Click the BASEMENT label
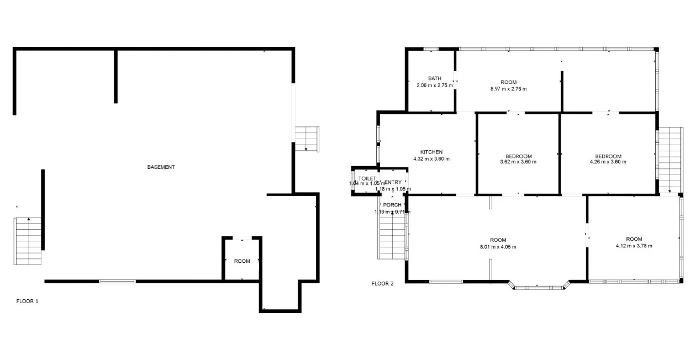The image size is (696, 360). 161,167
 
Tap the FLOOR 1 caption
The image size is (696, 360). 27,301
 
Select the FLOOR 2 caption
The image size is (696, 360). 382,284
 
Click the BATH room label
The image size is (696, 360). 434,78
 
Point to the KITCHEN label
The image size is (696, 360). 431,152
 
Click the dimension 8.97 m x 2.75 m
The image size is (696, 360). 508,89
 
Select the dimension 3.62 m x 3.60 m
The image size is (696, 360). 518,162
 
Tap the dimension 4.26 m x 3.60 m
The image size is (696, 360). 608,162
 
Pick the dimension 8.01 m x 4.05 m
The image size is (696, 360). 498,247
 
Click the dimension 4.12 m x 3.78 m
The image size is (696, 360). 634,246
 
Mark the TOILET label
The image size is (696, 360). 367,178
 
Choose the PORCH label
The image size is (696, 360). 392,205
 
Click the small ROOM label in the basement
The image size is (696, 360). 242,261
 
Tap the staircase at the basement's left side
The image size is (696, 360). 28,241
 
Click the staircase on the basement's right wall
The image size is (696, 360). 307,139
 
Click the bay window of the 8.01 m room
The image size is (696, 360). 539,287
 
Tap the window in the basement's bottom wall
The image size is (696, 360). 117,282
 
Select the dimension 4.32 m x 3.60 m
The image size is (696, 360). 431,159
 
